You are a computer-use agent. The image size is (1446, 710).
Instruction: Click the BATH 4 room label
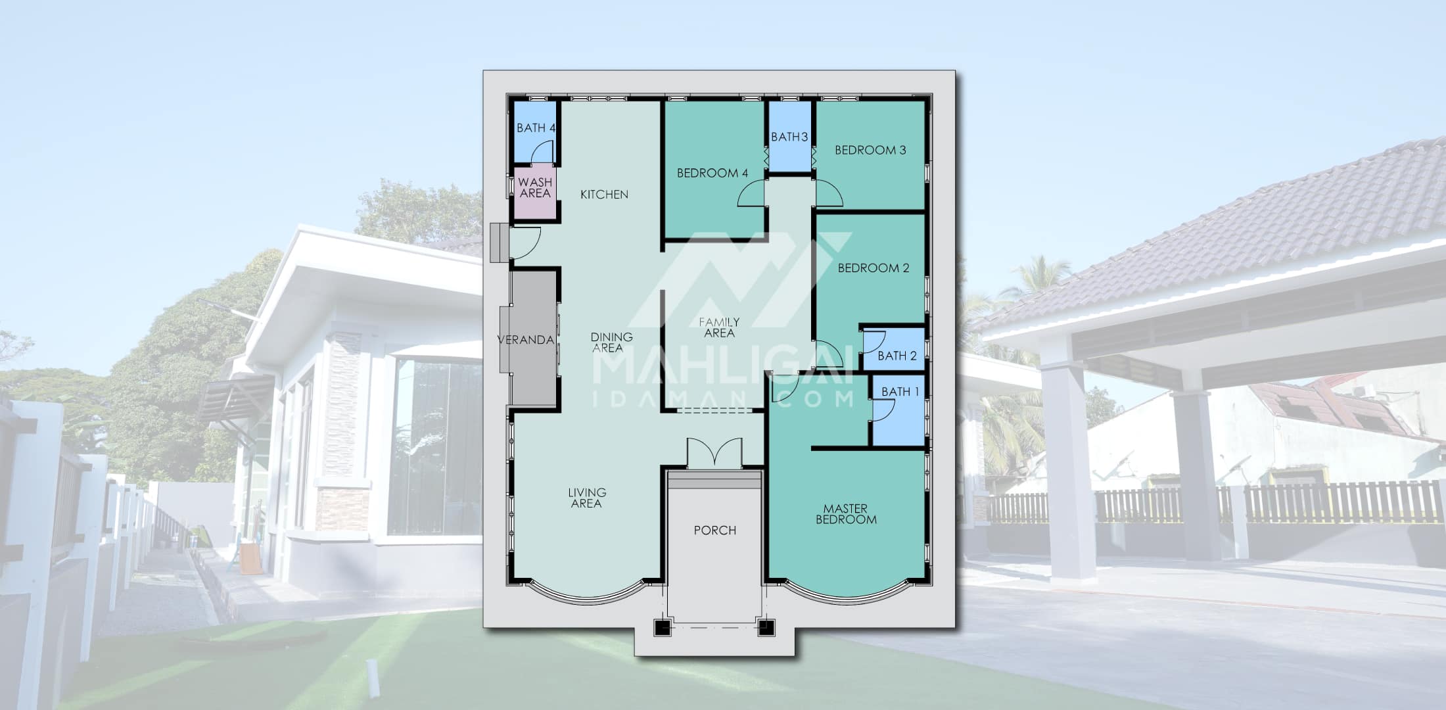pyautogui.click(x=536, y=128)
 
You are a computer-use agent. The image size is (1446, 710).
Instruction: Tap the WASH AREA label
pyautogui.click(x=535, y=187)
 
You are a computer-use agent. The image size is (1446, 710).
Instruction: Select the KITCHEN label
pyautogui.click(x=604, y=195)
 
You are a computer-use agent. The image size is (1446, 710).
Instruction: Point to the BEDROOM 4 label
pyautogui.click(x=712, y=174)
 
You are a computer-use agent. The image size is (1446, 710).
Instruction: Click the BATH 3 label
pyautogui.click(x=789, y=137)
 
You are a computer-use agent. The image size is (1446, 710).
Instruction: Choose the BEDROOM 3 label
pyautogui.click(x=870, y=150)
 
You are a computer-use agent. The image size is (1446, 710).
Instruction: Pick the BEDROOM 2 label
pyautogui.click(x=874, y=268)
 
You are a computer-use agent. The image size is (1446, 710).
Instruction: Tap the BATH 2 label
pyautogui.click(x=897, y=356)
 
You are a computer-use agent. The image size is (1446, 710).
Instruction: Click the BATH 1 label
pyautogui.click(x=900, y=392)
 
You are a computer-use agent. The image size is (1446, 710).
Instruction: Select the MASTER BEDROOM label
pyautogui.click(x=846, y=514)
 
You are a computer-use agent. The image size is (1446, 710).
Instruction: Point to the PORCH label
pyautogui.click(x=715, y=531)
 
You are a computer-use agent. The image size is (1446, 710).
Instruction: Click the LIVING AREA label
pyautogui.click(x=587, y=498)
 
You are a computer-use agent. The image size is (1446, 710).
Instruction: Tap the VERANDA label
pyautogui.click(x=525, y=340)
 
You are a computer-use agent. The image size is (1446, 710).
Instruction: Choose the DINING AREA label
pyautogui.click(x=611, y=343)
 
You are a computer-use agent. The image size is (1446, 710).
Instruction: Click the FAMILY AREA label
pyautogui.click(x=719, y=327)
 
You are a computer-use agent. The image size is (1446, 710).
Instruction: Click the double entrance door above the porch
pyautogui.click(x=714, y=454)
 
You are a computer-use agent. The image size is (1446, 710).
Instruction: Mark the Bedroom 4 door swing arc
pyautogui.click(x=751, y=195)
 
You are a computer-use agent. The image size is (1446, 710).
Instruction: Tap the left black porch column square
pyautogui.click(x=662, y=628)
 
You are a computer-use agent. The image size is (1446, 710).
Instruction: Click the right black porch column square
pyautogui.click(x=766, y=628)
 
